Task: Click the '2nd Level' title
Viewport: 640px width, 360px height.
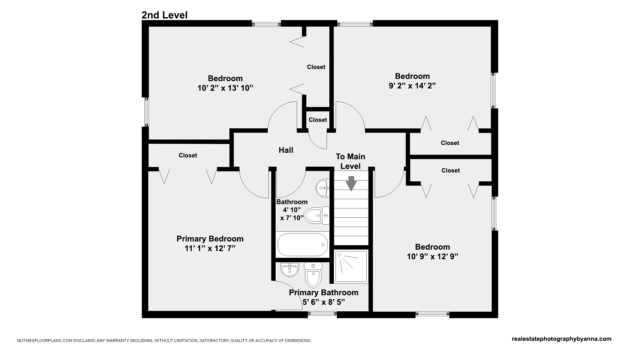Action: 164,15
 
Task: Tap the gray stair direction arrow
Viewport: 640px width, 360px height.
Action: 351,183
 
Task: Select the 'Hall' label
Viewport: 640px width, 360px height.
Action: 286,150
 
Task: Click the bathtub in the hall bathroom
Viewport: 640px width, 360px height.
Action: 303,245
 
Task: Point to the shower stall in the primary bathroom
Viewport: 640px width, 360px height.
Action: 351,266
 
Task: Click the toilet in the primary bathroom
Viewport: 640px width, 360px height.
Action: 313,275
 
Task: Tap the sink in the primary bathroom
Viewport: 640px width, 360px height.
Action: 289,270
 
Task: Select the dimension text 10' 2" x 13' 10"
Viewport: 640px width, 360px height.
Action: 225,88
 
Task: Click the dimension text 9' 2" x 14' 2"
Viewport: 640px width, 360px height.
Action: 412,86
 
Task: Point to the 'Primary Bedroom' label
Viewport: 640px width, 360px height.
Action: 210,239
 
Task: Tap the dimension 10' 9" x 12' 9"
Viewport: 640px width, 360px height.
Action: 433,256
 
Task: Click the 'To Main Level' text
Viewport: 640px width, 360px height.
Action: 350,161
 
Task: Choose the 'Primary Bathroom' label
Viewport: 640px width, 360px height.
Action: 324,292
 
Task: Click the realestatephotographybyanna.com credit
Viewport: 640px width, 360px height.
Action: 562,339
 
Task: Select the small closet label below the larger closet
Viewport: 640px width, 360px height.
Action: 318,120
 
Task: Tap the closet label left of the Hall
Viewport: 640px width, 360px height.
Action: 188,155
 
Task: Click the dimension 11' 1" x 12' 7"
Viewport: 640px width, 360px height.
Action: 210,248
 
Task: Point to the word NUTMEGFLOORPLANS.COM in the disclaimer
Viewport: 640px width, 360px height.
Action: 45,341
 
